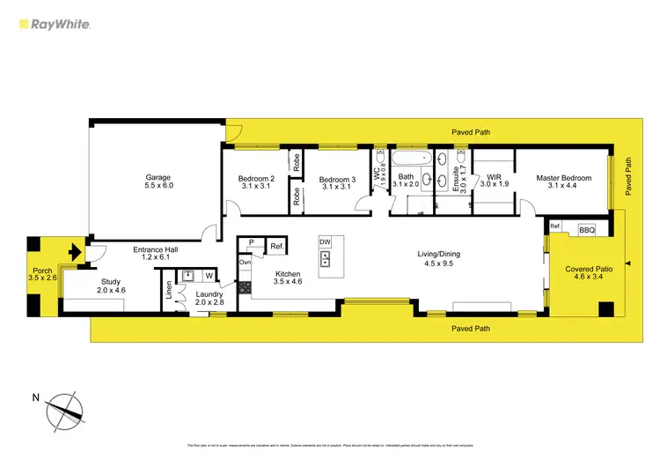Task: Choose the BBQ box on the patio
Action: (x=586, y=230)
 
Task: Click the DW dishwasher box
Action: (x=325, y=241)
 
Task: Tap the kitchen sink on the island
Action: (x=325, y=259)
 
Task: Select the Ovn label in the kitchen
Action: (x=246, y=263)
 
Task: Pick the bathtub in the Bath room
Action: (x=411, y=160)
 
